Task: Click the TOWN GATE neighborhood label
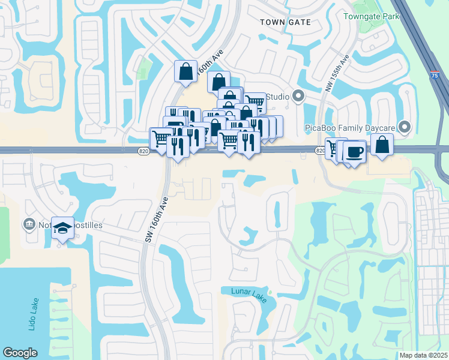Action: point(285,22)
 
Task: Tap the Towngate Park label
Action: point(371,16)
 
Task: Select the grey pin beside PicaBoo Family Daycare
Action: point(405,127)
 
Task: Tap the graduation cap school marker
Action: point(62,228)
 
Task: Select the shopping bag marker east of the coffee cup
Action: point(382,145)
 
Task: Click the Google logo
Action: point(20,353)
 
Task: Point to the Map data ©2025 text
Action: point(423,355)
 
